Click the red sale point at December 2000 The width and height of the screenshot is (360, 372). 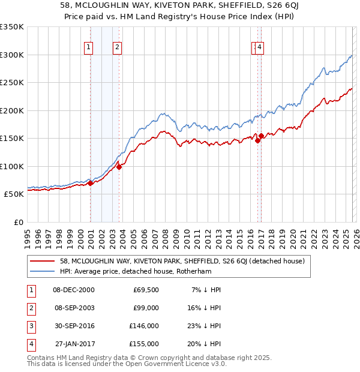[x=90, y=184]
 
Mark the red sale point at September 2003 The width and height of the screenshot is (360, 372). [x=119, y=167]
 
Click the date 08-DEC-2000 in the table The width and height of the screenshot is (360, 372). [x=74, y=290]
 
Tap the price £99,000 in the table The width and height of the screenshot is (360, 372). [x=146, y=308]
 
